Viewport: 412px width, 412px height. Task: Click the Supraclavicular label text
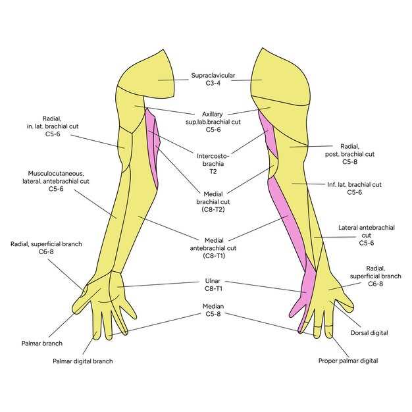213,76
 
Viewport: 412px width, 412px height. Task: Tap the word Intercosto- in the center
213,156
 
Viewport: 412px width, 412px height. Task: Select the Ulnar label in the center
213,281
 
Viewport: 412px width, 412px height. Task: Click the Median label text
213,307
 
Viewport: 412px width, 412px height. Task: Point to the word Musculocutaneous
56,174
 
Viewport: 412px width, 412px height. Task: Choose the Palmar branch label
42,344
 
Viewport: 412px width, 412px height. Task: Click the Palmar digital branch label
83,361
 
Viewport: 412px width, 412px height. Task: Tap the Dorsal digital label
369,333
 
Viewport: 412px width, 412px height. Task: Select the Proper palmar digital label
348,361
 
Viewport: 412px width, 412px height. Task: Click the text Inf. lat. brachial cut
354,185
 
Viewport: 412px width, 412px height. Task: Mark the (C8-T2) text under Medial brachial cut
213,210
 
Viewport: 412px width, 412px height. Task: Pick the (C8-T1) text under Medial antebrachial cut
214,255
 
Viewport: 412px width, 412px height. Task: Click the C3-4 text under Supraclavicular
213,84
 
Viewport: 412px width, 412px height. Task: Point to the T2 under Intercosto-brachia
213,172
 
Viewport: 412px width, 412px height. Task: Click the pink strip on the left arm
153,147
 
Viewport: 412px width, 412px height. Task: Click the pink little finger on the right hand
298,307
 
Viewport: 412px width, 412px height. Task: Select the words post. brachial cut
349,154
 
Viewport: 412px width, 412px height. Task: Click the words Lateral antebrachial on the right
367,228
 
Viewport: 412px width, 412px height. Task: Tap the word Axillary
213,115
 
